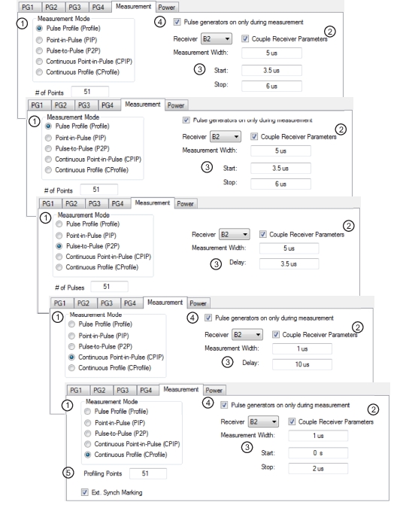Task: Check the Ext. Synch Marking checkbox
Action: pos(85,492)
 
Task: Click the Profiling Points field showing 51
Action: pos(148,473)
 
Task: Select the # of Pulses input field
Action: pos(110,286)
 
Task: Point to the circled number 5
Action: pos(68,473)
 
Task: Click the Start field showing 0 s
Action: pos(318,453)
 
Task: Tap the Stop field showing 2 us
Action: pos(318,468)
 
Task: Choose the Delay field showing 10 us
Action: pos(302,364)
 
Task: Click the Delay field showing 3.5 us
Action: pos(289,263)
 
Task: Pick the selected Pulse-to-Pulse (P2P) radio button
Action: pos(59,246)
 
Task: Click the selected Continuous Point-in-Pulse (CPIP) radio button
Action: pos(71,357)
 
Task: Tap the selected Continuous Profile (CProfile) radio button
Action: pos(87,455)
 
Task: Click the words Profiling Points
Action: pos(103,473)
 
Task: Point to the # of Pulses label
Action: pos(69,287)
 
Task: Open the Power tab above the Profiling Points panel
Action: pos(214,391)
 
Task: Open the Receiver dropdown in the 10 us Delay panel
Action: pos(247,335)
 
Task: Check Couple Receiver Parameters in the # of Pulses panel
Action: pos(263,234)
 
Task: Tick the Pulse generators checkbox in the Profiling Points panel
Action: pos(224,405)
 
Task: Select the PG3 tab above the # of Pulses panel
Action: pos(94,203)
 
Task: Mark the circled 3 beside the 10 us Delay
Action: pos(228,362)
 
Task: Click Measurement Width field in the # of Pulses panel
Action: pos(289,248)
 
